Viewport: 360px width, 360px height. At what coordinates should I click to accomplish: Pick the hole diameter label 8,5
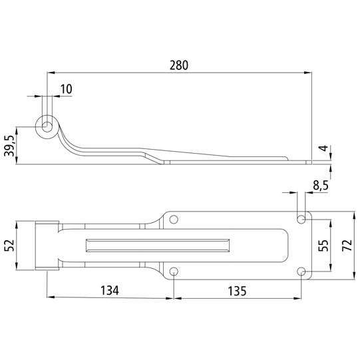click(321, 187)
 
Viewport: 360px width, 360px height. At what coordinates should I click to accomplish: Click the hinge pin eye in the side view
click(48, 126)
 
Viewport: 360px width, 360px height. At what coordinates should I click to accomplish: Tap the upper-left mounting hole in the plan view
click(174, 218)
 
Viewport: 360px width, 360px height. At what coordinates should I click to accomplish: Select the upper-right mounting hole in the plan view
click(301, 218)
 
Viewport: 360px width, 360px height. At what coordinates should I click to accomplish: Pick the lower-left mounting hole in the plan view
click(174, 271)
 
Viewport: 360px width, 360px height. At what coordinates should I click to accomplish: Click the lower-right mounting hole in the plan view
click(301, 271)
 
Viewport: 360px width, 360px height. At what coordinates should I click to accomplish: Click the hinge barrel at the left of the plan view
click(45, 245)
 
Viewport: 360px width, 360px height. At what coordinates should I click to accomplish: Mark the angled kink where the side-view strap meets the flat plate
click(157, 157)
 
